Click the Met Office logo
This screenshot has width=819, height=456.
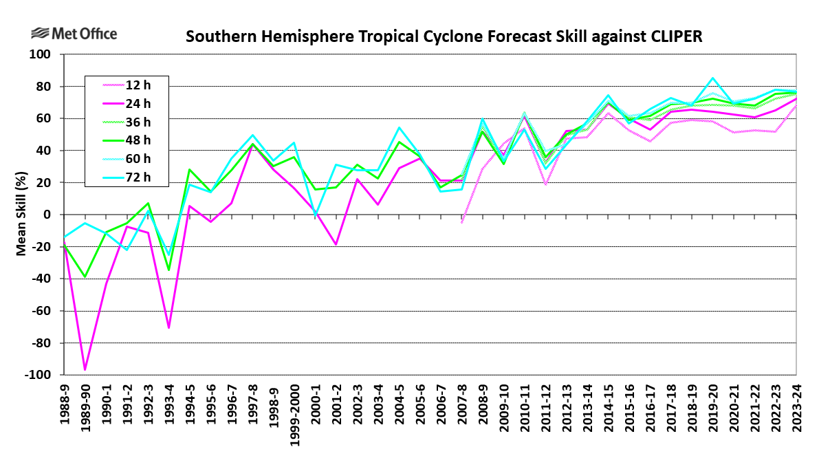point(74,34)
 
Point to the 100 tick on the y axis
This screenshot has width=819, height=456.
point(45,54)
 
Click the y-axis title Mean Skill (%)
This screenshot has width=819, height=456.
point(21,215)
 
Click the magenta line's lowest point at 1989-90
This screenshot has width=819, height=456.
point(85,370)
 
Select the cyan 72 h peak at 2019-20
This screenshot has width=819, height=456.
point(712,78)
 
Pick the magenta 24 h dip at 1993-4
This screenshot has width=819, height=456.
point(169,327)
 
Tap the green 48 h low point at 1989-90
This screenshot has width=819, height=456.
point(85,276)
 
